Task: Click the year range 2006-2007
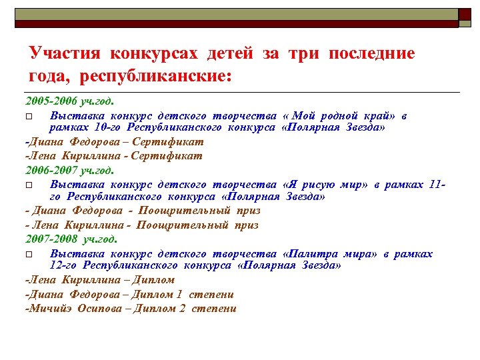(x=52, y=170)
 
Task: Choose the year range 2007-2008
(x=53, y=239)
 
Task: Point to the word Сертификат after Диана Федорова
(x=168, y=141)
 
